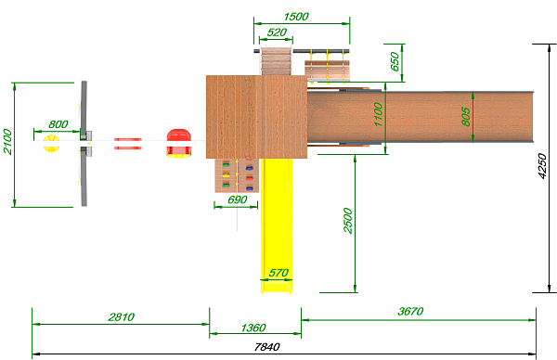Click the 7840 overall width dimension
click(266, 347)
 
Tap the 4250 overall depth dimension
click(542, 166)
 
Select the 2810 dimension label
click(121, 316)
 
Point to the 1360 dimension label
click(253, 328)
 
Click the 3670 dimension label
click(410, 312)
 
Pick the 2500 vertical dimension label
click(348, 221)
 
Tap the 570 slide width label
click(278, 273)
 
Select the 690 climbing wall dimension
click(238, 199)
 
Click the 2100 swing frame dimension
click(7, 141)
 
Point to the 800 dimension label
click(58, 124)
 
